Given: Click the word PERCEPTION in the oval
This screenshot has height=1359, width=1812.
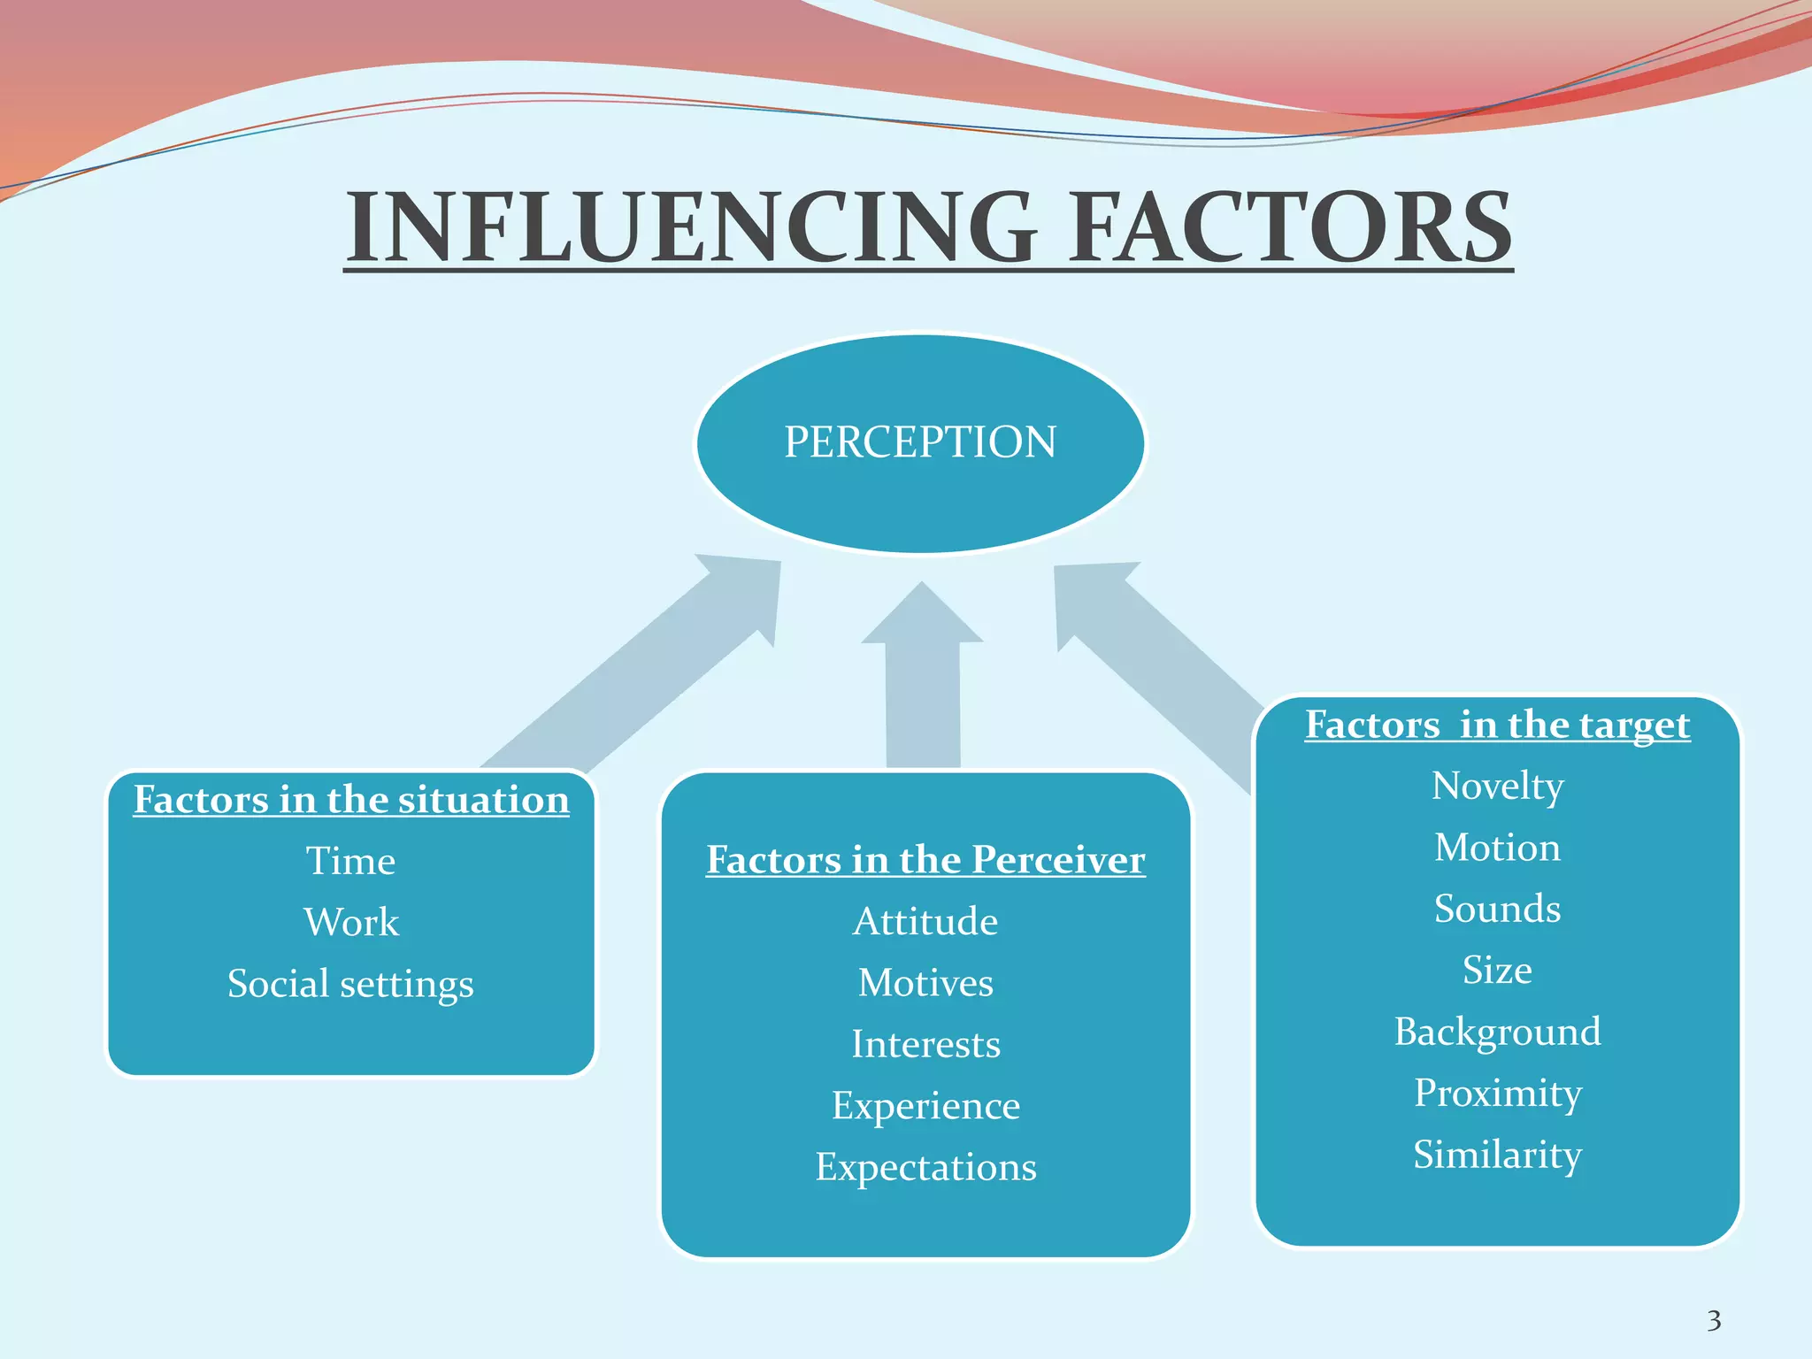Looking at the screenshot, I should pyautogui.click(x=920, y=441).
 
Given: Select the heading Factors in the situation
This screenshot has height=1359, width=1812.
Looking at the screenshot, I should pyautogui.click(x=351, y=800).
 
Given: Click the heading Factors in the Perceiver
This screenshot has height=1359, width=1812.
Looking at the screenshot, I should pyautogui.click(x=925, y=860).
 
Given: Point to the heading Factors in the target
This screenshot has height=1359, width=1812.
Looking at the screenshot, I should pyautogui.click(x=1497, y=725).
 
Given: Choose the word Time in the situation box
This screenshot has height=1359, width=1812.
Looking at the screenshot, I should pyautogui.click(x=350, y=861).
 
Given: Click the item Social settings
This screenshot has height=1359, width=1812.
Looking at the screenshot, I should pyautogui.click(x=350, y=984).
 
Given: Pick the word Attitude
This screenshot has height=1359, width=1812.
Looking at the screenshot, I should pyautogui.click(x=925, y=922).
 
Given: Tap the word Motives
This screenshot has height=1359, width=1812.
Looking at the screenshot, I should pyautogui.click(x=925, y=983).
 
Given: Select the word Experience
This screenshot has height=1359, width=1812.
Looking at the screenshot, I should pyautogui.click(x=925, y=1106).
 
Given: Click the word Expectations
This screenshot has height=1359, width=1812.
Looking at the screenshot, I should pyautogui.click(x=925, y=1167).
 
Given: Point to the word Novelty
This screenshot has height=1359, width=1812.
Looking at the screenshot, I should pyautogui.click(x=1497, y=786).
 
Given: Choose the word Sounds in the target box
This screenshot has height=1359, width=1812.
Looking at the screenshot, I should pyautogui.click(x=1497, y=909).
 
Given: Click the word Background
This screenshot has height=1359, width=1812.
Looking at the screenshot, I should pyautogui.click(x=1497, y=1032).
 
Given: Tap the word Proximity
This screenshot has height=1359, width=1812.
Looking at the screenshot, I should pyautogui.click(x=1497, y=1094).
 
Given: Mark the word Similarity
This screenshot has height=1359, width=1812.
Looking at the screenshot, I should pyautogui.click(x=1497, y=1155).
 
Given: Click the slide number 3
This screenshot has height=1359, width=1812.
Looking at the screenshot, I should pyautogui.click(x=1714, y=1321).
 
